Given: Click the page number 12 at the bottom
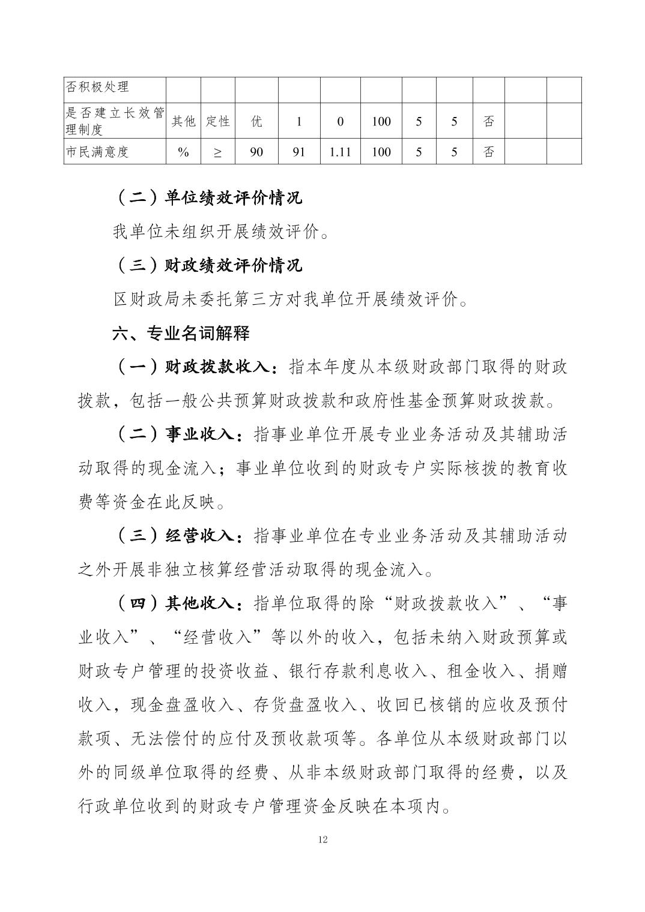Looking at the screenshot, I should (x=322, y=839).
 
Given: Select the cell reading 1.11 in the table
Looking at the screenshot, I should (x=340, y=152).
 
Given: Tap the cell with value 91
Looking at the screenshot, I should (x=298, y=152).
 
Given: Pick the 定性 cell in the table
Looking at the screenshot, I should (x=217, y=121).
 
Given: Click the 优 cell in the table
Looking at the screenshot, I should (x=256, y=121).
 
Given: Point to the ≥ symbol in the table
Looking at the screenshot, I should (x=217, y=152).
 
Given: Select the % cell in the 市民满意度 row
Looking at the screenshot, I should (x=183, y=152).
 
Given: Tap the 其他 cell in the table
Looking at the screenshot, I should (x=183, y=121).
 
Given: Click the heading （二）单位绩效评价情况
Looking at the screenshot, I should (x=207, y=198).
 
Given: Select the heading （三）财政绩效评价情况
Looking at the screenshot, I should (x=207, y=265).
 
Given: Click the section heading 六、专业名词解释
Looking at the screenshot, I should (x=181, y=333).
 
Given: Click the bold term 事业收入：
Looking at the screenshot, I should (x=204, y=434).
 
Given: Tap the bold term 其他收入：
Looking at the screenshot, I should (x=204, y=603).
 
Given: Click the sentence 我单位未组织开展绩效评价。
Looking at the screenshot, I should (x=221, y=232).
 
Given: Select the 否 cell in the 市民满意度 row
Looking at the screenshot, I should (x=489, y=152).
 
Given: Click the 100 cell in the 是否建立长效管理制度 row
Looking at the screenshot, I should (x=381, y=121).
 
